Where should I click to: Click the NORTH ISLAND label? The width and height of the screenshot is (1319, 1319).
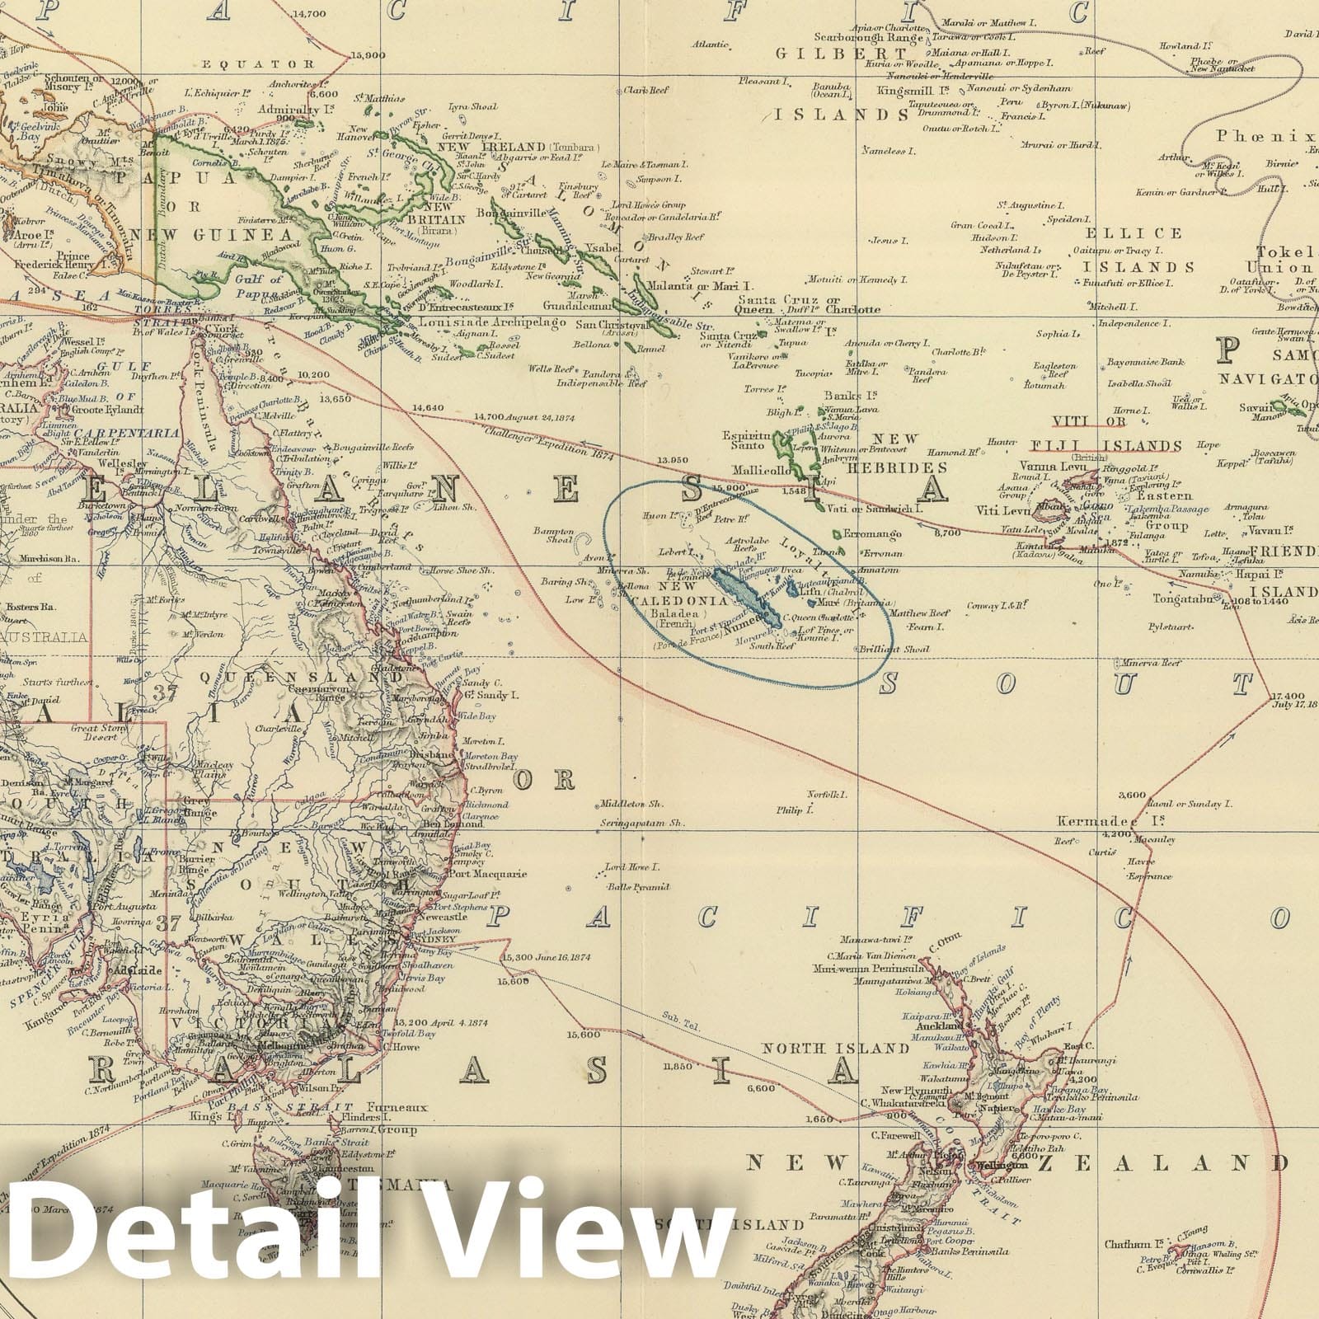pos(835,1048)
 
